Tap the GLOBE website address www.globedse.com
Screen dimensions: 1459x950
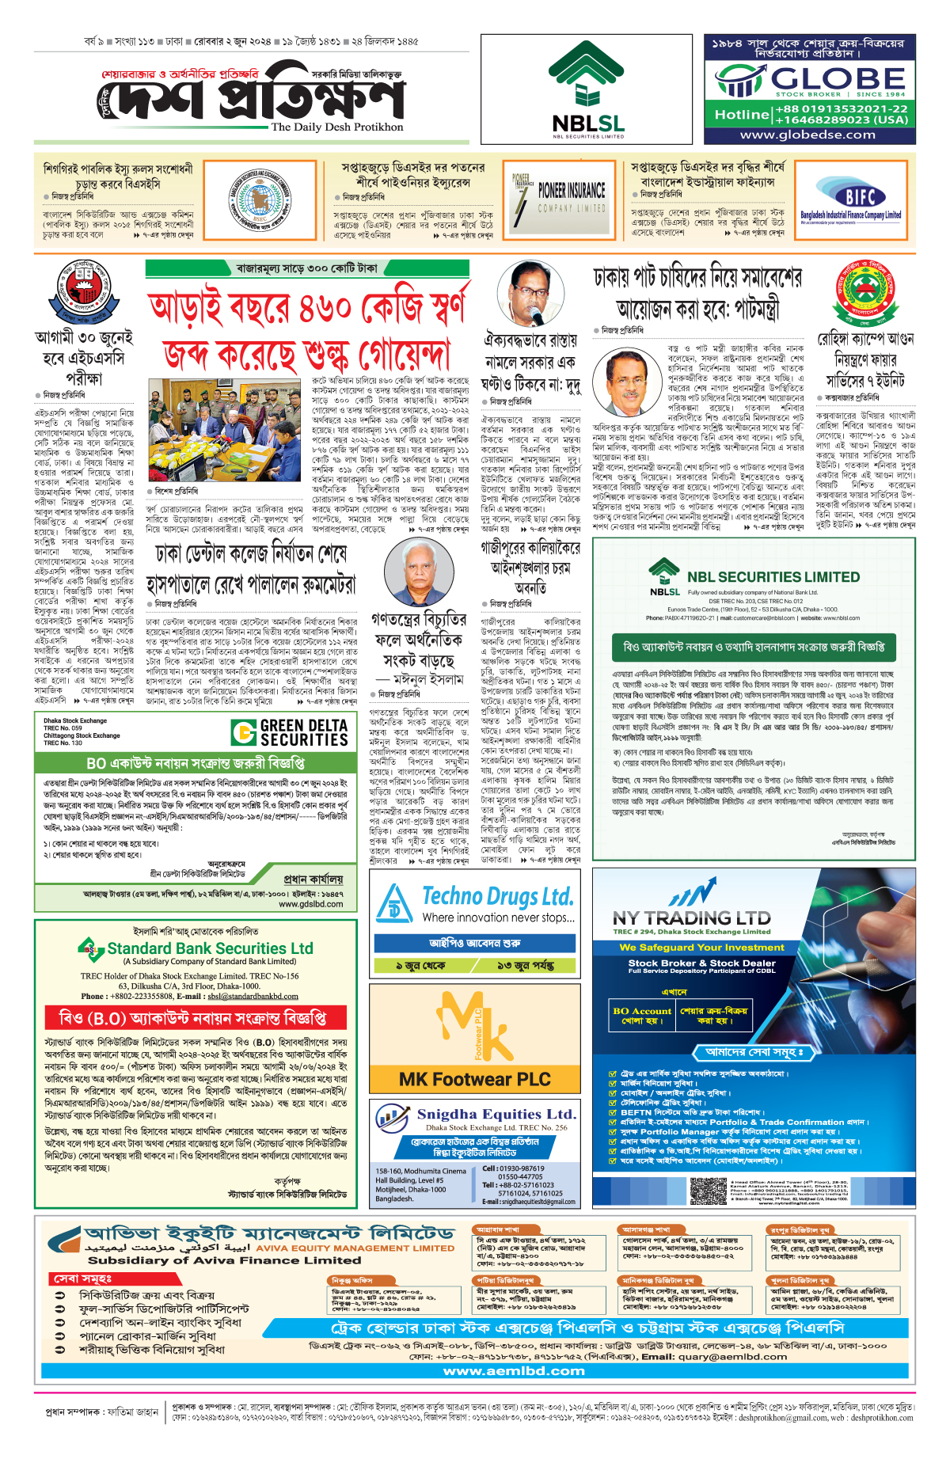807,135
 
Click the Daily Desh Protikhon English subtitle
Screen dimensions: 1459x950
337,127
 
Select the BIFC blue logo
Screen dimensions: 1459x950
860,196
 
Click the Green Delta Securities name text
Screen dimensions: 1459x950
304,733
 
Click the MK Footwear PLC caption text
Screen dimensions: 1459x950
474,1079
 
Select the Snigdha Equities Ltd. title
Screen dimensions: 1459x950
496,1115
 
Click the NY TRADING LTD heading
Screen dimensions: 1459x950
691,918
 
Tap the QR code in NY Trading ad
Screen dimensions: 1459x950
708,1191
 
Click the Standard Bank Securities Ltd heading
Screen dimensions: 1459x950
210,948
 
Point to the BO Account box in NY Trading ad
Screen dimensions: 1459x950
642,1016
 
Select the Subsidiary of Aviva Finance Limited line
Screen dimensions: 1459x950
224,1260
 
